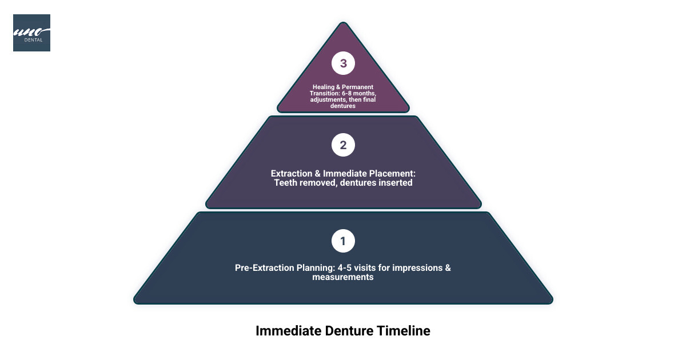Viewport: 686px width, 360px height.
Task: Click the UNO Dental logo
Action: click(31, 33)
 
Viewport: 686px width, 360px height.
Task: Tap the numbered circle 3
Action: click(343, 63)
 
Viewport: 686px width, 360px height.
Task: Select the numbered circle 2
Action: click(343, 145)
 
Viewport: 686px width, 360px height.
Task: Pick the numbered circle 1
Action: click(343, 241)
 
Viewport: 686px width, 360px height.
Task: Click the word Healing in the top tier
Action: click(324, 87)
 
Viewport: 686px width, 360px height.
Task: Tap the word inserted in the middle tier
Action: click(395, 183)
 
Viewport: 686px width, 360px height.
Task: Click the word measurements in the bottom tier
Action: click(343, 277)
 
